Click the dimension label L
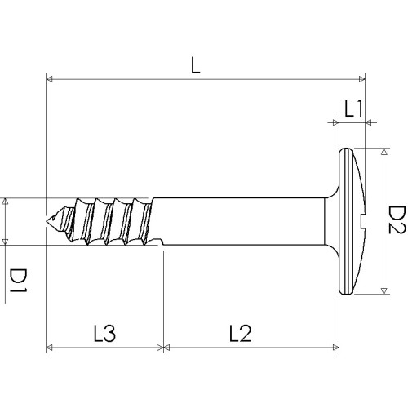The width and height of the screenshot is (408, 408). (x=196, y=66)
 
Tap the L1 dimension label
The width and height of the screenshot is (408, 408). (x=353, y=109)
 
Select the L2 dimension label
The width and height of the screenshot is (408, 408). (x=241, y=333)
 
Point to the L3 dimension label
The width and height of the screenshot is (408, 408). (x=104, y=333)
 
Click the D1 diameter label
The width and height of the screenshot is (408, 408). (x=18, y=280)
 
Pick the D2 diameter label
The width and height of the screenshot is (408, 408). (x=397, y=220)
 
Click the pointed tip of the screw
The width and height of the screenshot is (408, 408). (x=47, y=220)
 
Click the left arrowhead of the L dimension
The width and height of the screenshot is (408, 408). (x=49, y=79)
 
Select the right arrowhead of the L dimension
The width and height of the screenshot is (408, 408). (x=362, y=79)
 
